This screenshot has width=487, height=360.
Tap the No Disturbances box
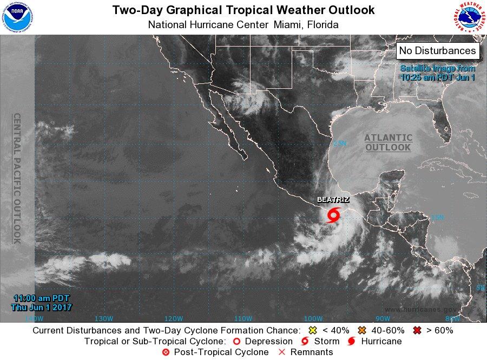coord(438,51)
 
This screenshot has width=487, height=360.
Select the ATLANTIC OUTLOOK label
coord(388,142)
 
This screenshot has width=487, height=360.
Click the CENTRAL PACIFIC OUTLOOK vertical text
coord(17,179)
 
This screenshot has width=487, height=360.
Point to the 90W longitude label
coord(383,318)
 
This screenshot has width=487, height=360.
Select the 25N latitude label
coord(339,143)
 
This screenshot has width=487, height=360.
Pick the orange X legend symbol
coord(362,330)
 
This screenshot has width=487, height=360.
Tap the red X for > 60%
coord(417,330)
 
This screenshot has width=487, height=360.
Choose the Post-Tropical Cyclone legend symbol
coord(166,352)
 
